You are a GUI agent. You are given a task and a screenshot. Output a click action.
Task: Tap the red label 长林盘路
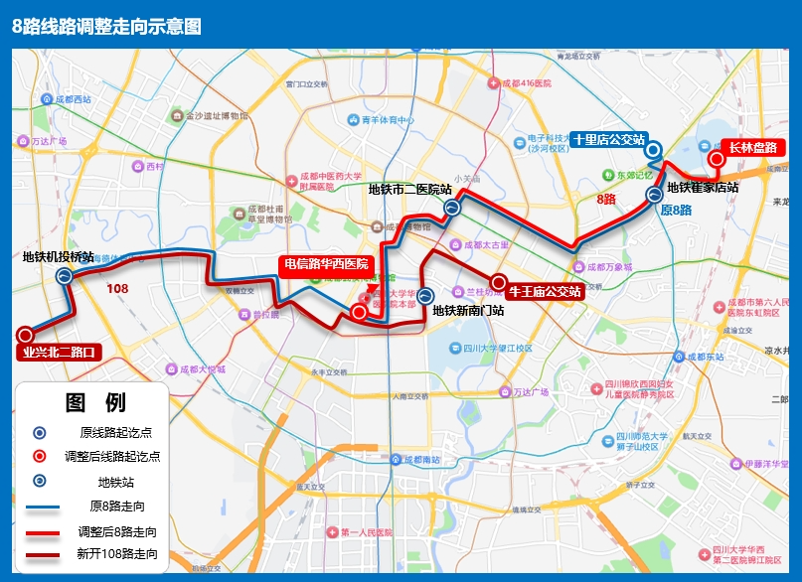[752, 147]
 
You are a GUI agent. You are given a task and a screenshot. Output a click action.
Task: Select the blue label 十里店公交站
[609, 140]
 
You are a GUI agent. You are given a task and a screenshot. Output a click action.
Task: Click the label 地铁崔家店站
[703, 187]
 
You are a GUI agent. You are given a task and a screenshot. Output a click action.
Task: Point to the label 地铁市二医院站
[409, 189]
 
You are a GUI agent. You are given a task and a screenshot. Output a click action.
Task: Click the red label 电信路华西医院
[326, 264]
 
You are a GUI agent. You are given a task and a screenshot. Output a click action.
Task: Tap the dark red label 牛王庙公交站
[544, 292]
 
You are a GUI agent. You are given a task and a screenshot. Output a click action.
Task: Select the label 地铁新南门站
[468, 310]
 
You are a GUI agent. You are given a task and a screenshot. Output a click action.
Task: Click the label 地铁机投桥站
[59, 257]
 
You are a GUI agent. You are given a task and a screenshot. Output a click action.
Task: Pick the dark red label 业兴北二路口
[61, 351]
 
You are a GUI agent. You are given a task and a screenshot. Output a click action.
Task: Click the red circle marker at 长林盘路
[715, 159]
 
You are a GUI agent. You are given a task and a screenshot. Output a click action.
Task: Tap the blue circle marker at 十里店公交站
[653, 150]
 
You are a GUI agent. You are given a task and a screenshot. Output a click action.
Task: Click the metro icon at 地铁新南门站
[425, 295]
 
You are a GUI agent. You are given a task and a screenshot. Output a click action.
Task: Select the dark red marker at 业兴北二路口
[25, 336]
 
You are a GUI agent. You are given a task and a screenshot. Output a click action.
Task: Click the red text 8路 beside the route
[606, 200]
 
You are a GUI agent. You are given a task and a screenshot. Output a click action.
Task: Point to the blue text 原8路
[675, 211]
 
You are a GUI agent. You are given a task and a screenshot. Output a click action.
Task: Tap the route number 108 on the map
[117, 289]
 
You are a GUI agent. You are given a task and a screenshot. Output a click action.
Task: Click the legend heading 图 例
[95, 403]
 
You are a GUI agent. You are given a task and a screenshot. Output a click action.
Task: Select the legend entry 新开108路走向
[116, 554]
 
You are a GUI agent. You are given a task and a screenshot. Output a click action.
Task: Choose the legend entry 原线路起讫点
[115, 432]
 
